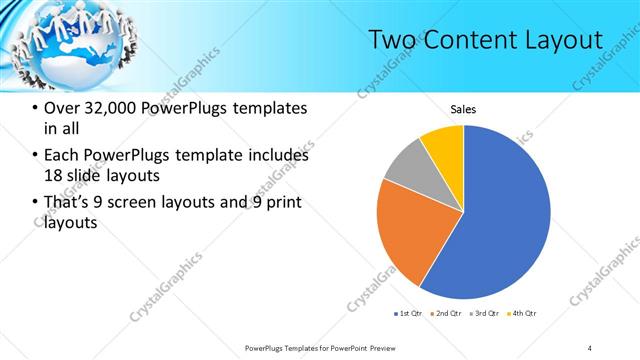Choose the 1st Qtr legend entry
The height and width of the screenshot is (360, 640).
tap(407, 314)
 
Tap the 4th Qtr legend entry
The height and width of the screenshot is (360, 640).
tap(523, 314)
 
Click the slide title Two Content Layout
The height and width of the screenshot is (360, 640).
tap(485, 40)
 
